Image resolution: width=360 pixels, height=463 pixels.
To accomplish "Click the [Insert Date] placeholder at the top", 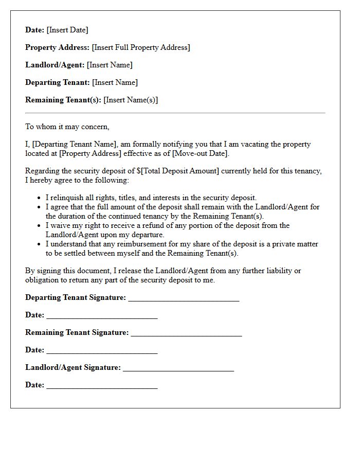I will tap(67, 30).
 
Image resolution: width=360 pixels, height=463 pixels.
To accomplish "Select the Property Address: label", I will tap(57, 47).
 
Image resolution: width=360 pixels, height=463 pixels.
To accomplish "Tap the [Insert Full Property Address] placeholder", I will tap(141, 47).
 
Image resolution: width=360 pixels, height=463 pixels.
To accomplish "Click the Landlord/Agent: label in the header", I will tap(55, 65).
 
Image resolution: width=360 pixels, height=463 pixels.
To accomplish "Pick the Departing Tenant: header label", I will tap(58, 82).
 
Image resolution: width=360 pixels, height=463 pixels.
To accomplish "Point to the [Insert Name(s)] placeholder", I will tap(131, 100).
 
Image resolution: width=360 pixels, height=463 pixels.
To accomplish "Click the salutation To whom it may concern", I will tap(67, 127).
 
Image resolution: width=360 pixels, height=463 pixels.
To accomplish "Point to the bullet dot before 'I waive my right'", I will tap(40, 226).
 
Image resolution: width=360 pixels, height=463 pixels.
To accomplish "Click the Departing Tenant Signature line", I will tap(184, 298).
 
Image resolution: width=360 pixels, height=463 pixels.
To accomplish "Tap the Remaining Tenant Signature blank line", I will tap(186, 333).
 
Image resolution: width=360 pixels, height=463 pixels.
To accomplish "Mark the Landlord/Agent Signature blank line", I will tap(178, 368).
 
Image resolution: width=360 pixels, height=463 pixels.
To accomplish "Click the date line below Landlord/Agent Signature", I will tap(102, 385).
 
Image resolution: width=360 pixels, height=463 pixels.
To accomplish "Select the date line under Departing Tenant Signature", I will tap(102, 315).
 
